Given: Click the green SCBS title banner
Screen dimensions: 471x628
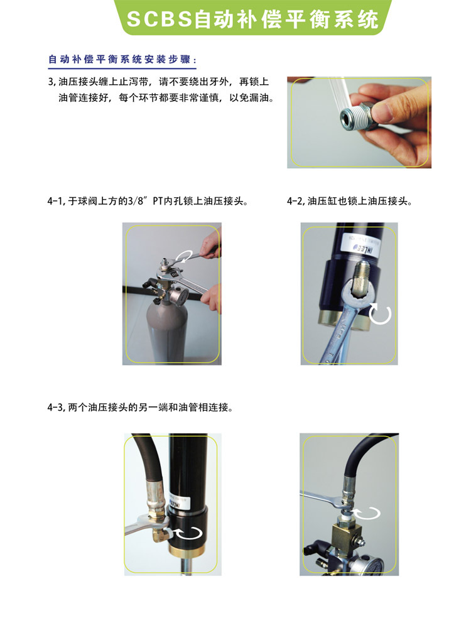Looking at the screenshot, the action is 252,18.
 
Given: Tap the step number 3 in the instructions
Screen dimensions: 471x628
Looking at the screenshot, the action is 50,82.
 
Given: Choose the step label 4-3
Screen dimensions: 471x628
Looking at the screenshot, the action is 55,408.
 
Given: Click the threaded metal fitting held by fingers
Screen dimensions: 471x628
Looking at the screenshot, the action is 357,115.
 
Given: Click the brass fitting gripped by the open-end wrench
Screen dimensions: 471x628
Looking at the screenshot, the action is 359,279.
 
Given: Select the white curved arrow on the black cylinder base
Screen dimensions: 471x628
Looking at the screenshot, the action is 190,533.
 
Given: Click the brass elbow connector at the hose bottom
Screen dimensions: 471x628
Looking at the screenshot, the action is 160,534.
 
